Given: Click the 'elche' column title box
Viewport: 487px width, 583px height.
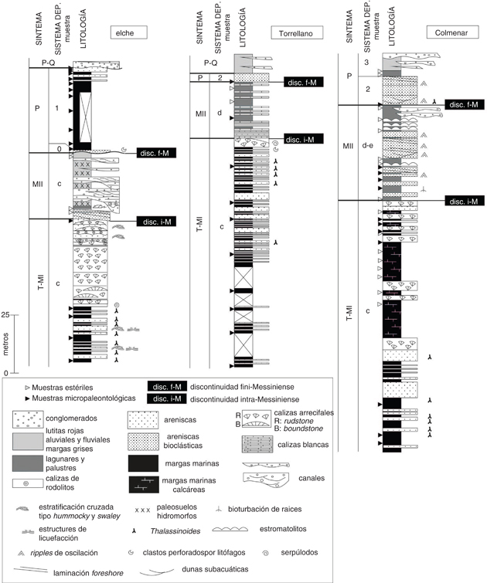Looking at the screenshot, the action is coord(129,32).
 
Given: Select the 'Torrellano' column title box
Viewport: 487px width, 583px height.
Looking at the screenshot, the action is coord(297,33).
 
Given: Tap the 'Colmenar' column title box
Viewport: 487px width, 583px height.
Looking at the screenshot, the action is coord(452,32).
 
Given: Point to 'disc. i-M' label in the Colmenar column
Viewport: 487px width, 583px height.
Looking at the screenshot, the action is coord(465,201).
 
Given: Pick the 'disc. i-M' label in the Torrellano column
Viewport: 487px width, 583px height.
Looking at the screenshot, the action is coord(303,139).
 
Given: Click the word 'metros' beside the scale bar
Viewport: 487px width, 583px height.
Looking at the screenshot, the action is coord(5,344).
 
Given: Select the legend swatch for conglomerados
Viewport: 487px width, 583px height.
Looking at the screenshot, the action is coord(28,419).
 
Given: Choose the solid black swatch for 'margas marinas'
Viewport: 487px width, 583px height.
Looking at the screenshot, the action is coord(143,463).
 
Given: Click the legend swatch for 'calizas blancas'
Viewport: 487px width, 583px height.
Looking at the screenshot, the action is coord(257,445).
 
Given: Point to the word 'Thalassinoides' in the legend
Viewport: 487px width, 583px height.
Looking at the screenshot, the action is coord(175,531).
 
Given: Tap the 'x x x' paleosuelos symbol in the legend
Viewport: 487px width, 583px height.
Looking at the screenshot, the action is coord(142,510).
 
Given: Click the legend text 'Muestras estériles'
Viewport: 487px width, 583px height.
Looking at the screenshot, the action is coord(62,388).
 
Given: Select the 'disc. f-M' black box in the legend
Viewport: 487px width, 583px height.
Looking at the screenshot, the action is coord(167,387).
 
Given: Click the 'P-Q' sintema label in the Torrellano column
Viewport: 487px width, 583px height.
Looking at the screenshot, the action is coord(210,63).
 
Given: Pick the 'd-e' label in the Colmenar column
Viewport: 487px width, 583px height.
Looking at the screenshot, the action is coord(367,145).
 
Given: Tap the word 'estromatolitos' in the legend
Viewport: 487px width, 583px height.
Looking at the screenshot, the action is coord(283,529).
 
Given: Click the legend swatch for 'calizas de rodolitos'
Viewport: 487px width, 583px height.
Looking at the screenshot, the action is coord(28,483).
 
